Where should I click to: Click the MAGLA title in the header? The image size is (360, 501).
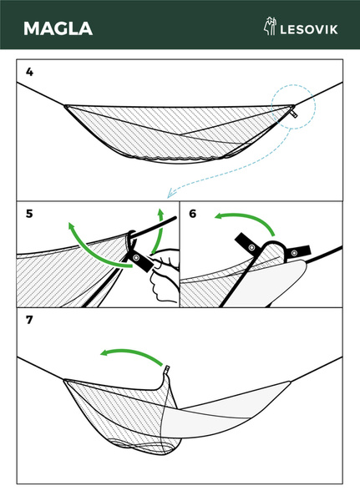(58, 28)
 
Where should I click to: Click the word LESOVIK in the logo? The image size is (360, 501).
(308, 30)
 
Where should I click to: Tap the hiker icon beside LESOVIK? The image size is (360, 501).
(270, 26)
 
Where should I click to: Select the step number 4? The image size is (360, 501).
(29, 72)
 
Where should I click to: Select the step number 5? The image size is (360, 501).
(29, 214)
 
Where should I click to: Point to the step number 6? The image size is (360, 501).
(192, 214)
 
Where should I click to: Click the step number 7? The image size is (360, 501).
(29, 320)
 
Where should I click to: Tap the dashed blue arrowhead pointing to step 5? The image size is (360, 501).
(171, 194)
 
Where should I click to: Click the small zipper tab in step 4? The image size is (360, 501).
(294, 114)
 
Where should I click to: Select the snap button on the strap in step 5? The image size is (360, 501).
(137, 258)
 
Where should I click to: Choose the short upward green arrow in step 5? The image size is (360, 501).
(160, 230)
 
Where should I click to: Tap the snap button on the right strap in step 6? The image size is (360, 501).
(295, 253)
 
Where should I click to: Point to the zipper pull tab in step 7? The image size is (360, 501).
(166, 370)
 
